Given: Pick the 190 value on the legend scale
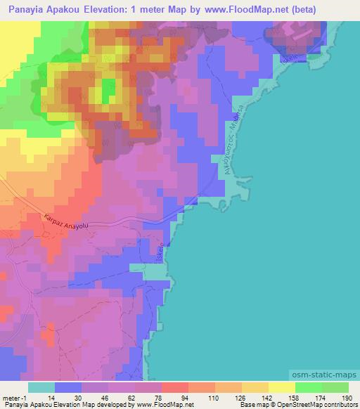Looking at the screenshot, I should (347, 398).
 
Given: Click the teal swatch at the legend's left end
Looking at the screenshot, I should (41, 387).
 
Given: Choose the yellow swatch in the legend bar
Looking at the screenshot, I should (282, 387).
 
